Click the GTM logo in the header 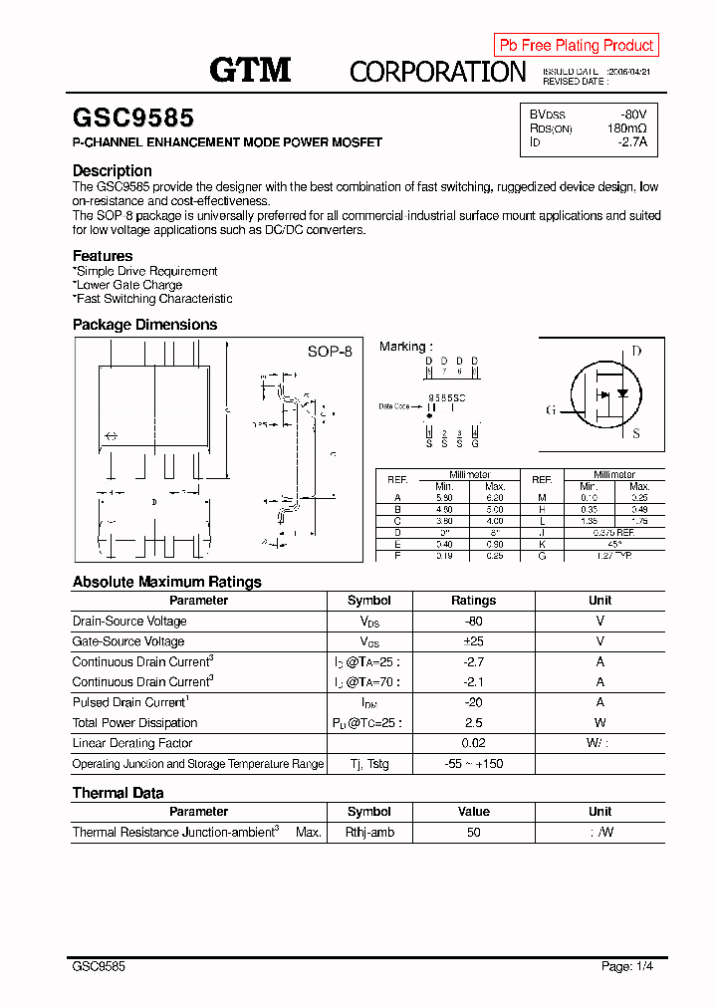click(x=250, y=69)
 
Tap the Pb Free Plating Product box click(x=576, y=45)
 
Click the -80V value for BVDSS click(x=632, y=115)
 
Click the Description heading click(x=113, y=170)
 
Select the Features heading click(x=103, y=256)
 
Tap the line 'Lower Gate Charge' click(x=128, y=285)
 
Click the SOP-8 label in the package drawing click(x=330, y=352)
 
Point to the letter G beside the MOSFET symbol click(x=550, y=410)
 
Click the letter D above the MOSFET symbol click(x=636, y=352)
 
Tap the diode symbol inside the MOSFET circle click(x=622, y=392)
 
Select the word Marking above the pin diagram click(x=402, y=347)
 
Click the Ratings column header click(x=473, y=601)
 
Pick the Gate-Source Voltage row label click(x=128, y=641)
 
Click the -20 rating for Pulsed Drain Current click(x=473, y=702)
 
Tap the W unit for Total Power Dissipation click(x=599, y=723)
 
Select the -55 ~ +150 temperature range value click(x=473, y=764)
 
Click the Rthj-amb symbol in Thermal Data click(x=369, y=832)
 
